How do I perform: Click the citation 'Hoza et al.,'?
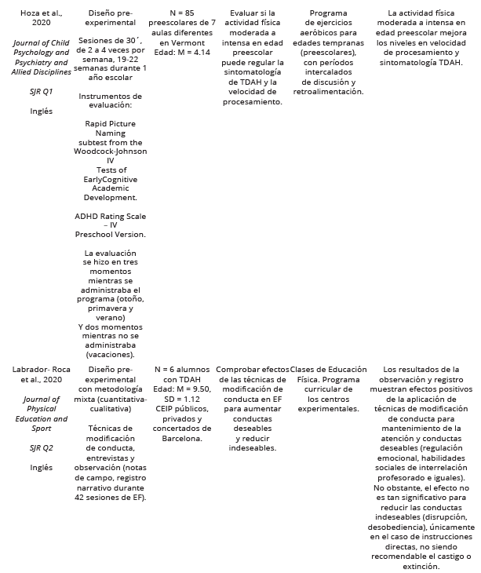coord(34,13)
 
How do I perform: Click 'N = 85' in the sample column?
coord(181,13)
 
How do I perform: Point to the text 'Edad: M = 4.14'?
coord(181,52)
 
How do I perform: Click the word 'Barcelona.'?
coord(181,438)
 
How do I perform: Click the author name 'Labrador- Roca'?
coord(34,369)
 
